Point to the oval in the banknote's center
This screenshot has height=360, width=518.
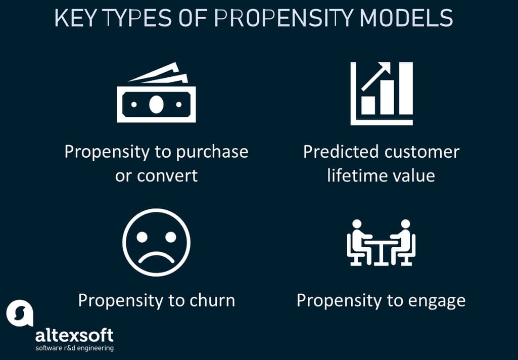(x=156, y=104)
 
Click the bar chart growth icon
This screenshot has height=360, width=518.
(x=382, y=94)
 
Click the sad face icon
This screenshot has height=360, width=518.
(x=156, y=242)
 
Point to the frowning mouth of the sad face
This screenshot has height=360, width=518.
(x=156, y=257)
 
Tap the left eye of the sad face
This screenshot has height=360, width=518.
(x=143, y=236)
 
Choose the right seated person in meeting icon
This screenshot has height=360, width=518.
(x=403, y=242)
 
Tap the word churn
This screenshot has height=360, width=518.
(x=212, y=300)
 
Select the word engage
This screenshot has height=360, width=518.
(x=438, y=301)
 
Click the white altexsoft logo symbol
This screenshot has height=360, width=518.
(x=19, y=314)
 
